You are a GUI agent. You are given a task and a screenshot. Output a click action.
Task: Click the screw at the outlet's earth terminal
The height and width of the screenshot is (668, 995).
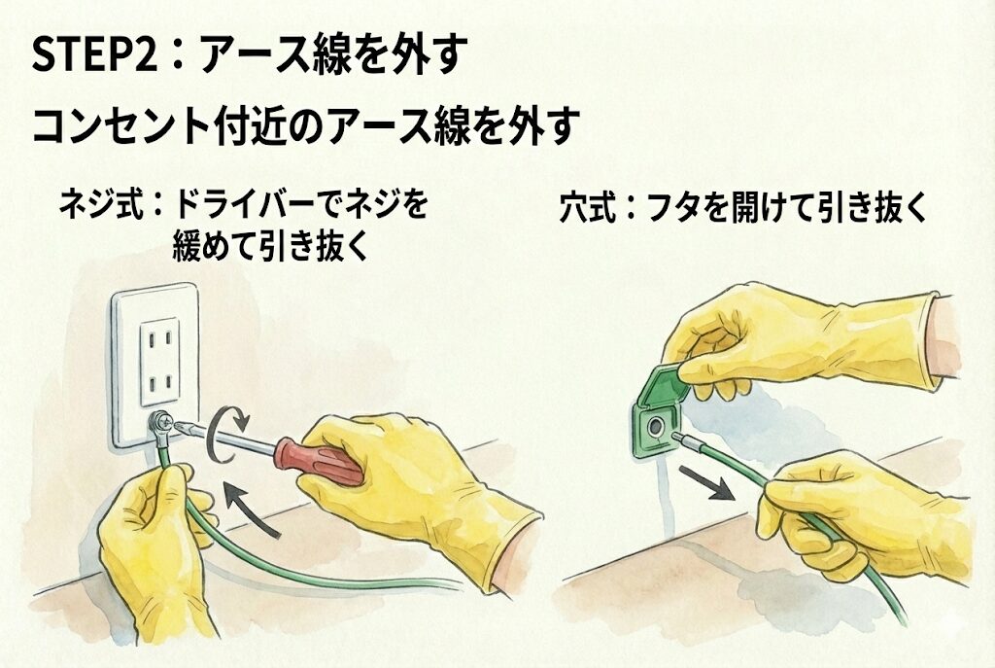[159, 420]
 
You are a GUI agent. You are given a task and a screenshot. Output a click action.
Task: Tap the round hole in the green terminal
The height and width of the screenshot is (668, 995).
[655, 428]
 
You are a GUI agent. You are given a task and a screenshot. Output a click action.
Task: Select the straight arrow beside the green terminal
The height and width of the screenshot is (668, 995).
[706, 482]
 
